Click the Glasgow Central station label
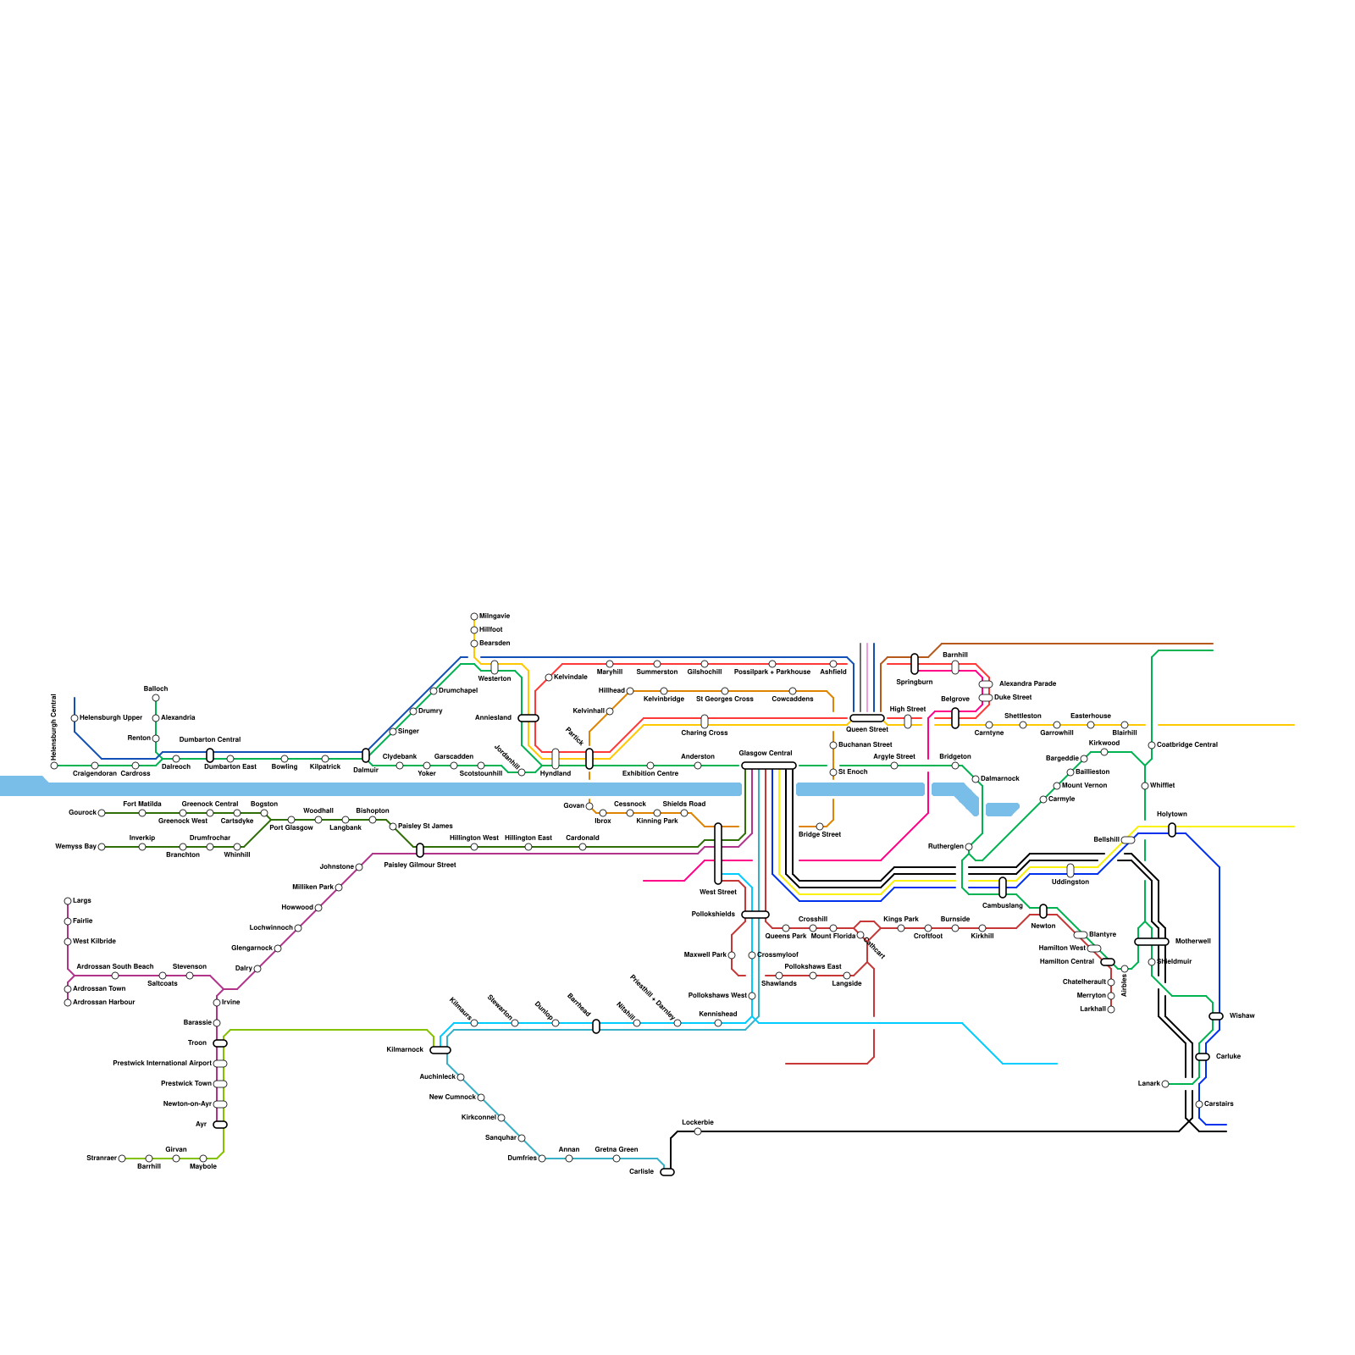[x=765, y=753]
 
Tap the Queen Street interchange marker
[x=866, y=718]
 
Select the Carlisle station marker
[x=667, y=1172]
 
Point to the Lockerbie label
[x=698, y=1122]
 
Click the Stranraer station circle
[x=122, y=1159]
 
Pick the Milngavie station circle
[x=474, y=617]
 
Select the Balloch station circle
[x=156, y=699]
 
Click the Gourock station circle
[x=102, y=813]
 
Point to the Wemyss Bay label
[x=75, y=846]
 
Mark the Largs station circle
[x=68, y=901]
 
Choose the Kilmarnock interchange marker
[x=440, y=1050]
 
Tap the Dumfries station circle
[x=542, y=1159]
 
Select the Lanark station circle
[x=1165, y=1084]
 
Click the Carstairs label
[x=1219, y=1103]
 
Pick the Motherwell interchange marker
[x=1151, y=942]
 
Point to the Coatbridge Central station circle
[x=1152, y=745]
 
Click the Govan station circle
[x=589, y=806]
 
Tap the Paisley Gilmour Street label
[x=420, y=865]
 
